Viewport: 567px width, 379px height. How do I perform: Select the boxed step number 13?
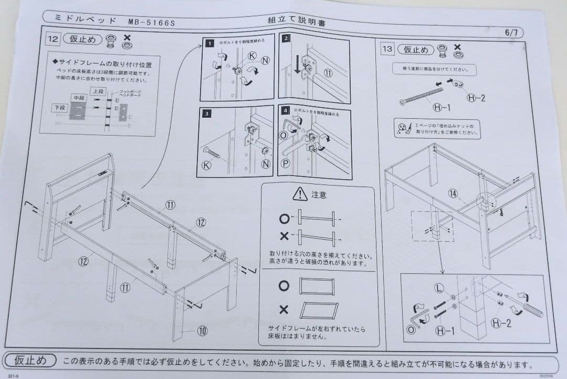coord(387,49)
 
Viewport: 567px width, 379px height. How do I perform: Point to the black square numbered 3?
coord(208,113)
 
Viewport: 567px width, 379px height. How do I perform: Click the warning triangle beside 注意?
coord(300,194)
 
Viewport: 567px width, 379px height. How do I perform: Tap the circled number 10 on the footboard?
coord(202,331)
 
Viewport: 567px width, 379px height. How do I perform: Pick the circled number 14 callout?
coord(453,193)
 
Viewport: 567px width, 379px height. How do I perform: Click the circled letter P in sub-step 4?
coord(286,163)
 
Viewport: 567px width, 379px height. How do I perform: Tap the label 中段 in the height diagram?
coord(78,98)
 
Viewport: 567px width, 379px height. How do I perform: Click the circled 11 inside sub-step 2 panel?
coord(328,73)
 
